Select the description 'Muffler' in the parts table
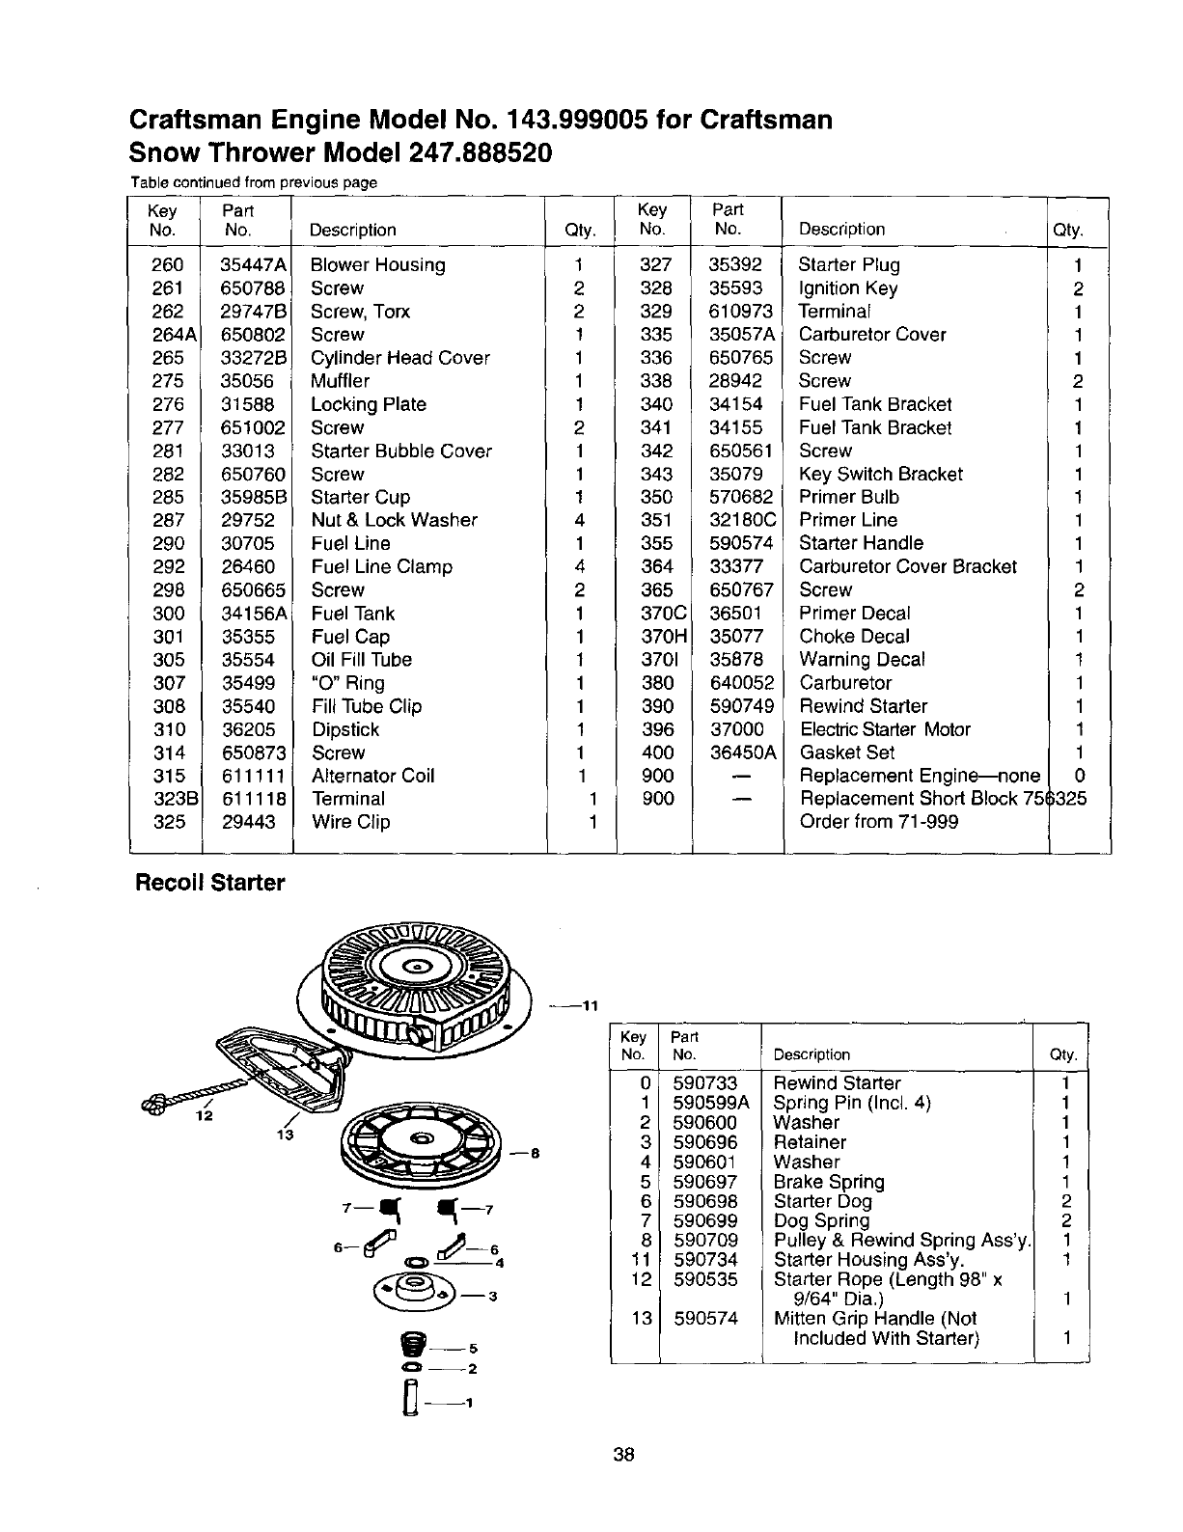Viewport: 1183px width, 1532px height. pyautogui.click(x=340, y=381)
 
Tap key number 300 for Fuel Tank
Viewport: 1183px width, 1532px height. pyautogui.click(x=168, y=614)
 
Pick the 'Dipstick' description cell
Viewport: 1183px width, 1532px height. pyautogui.click(x=344, y=729)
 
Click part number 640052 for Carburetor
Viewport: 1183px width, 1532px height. pyautogui.click(x=741, y=683)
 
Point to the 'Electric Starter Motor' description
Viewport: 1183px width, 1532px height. pyautogui.click(x=885, y=729)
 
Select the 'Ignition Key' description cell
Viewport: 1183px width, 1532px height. pyautogui.click(x=848, y=288)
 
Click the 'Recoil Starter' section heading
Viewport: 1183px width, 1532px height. pyautogui.click(x=207, y=883)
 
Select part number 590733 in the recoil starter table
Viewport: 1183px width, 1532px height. pyautogui.click(x=704, y=1083)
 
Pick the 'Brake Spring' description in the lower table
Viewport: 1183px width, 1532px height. pyautogui.click(x=828, y=1182)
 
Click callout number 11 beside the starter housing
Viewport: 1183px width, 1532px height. pyautogui.click(x=590, y=1006)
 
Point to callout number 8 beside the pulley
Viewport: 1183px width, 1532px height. pyautogui.click(x=533, y=1153)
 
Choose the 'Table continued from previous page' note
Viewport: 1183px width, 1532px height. pyautogui.click(x=253, y=182)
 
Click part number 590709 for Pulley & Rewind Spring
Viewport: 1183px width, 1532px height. pyautogui.click(x=704, y=1241)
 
